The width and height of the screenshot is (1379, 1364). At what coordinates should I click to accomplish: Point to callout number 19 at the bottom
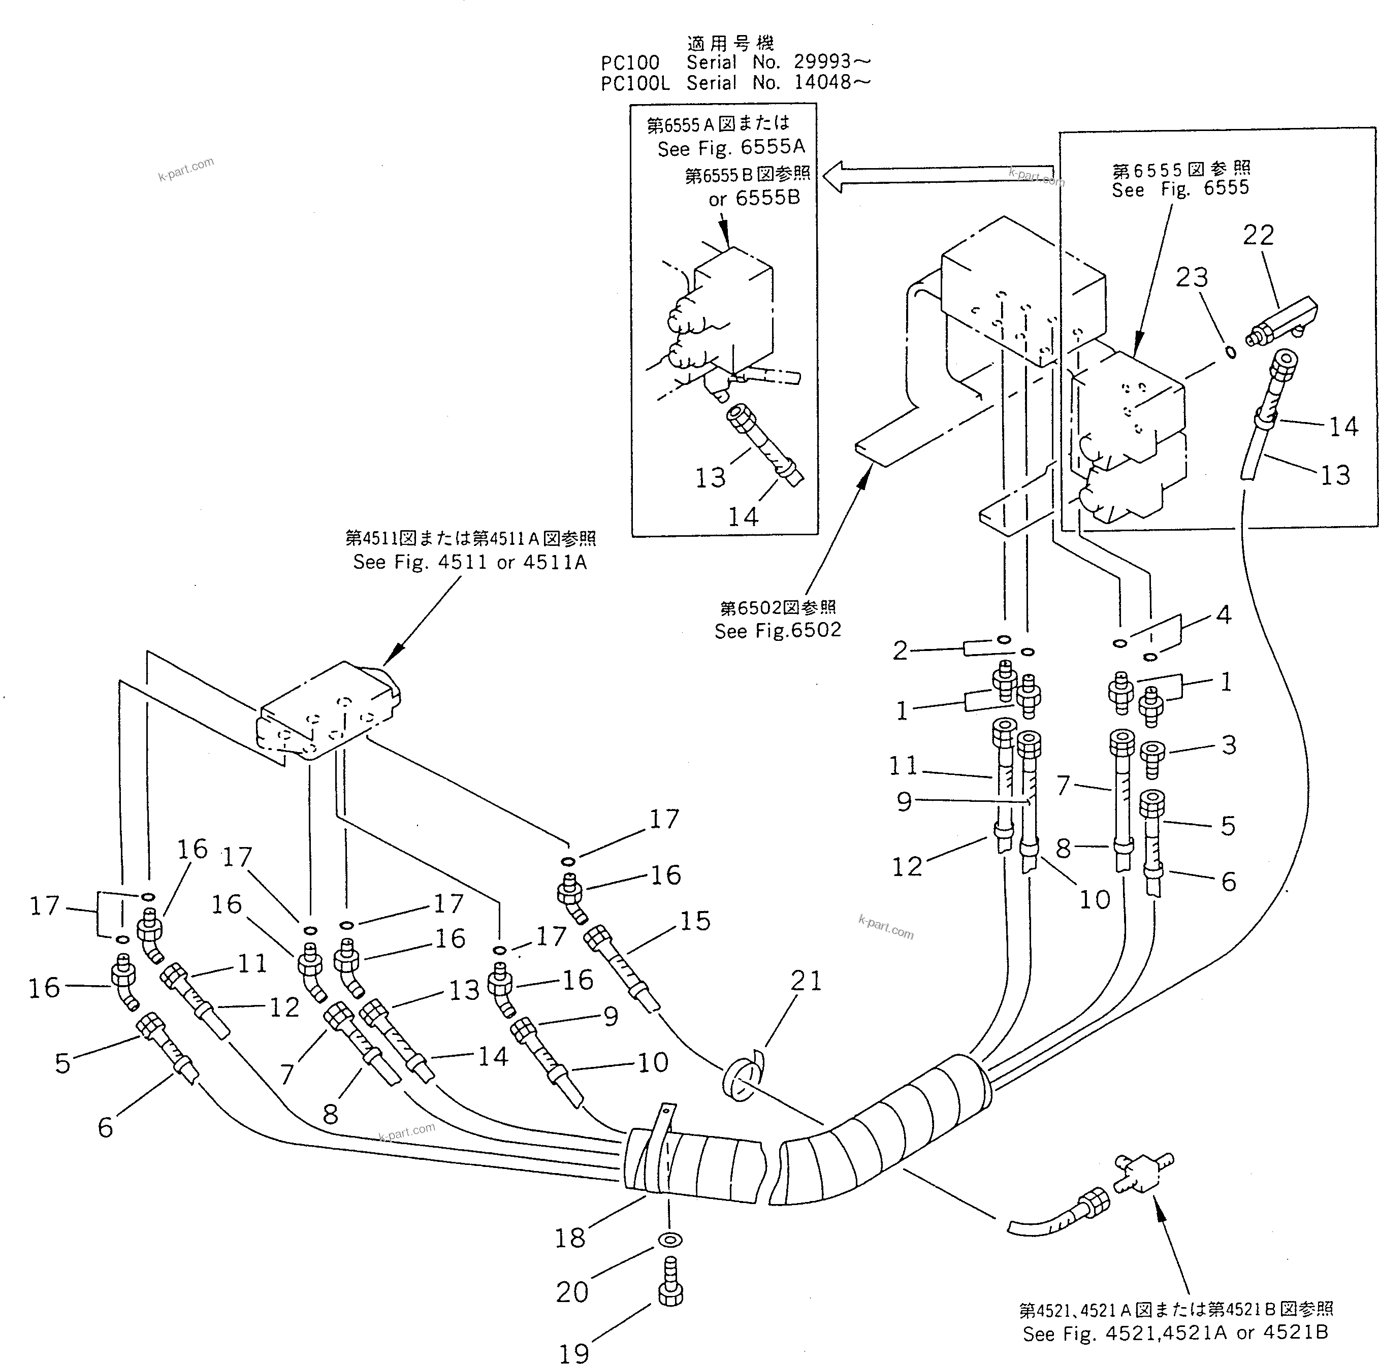(573, 1351)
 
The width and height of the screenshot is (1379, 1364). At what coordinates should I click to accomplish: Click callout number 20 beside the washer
(572, 1290)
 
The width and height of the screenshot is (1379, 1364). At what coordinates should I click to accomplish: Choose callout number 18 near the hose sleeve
(569, 1237)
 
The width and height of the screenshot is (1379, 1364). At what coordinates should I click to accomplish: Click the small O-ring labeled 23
(1231, 352)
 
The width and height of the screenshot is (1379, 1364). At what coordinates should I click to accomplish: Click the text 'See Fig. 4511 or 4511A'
(470, 563)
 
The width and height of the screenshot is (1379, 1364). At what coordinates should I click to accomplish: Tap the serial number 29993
(822, 61)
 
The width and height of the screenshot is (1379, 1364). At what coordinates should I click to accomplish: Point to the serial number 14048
(822, 82)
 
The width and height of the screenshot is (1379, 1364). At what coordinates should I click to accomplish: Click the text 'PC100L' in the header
(634, 83)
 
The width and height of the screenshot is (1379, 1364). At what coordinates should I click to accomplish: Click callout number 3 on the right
(1228, 744)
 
